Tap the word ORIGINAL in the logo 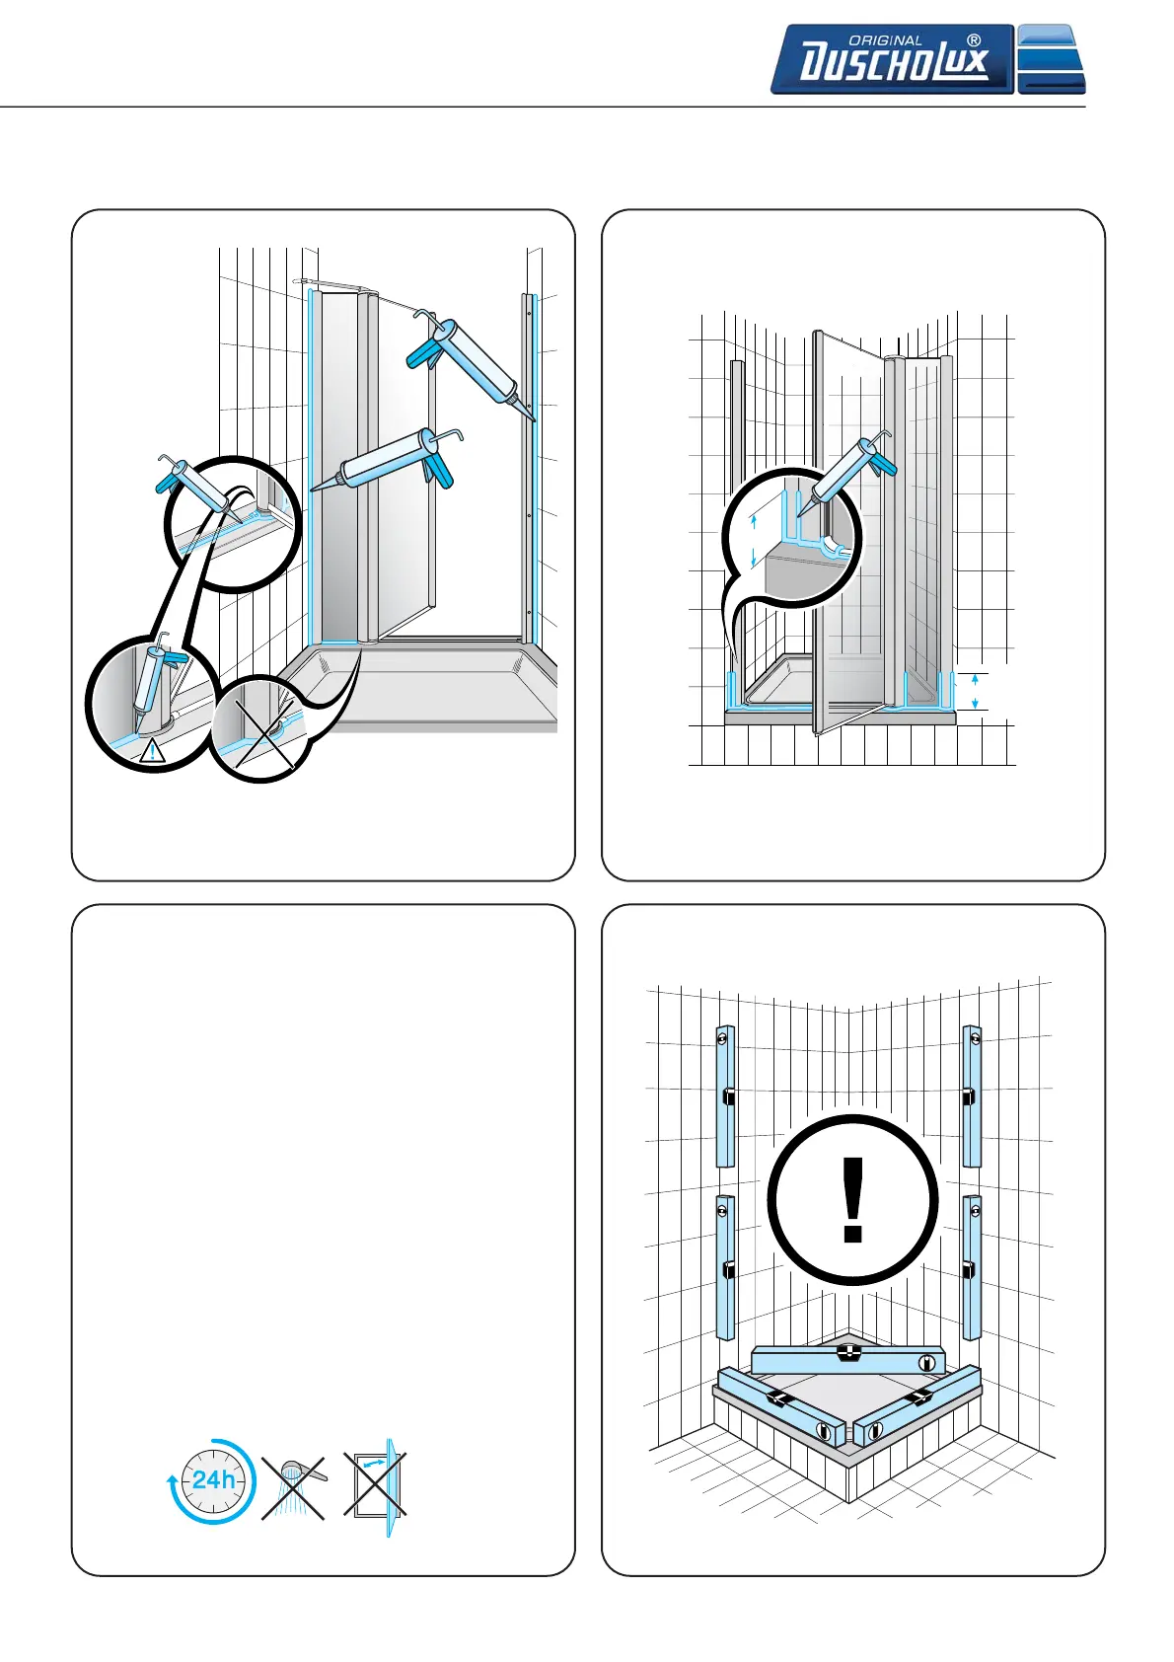[x=885, y=40]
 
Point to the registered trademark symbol [x=974, y=40]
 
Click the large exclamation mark [x=852, y=1199]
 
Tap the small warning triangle [x=152, y=751]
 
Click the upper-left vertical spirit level [x=725, y=1095]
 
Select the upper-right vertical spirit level [x=972, y=1095]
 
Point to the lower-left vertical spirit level [x=725, y=1267]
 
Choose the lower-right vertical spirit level [x=972, y=1267]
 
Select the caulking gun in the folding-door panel [x=846, y=474]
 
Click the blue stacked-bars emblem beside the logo [x=1051, y=59]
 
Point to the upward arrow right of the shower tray [x=975, y=679]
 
